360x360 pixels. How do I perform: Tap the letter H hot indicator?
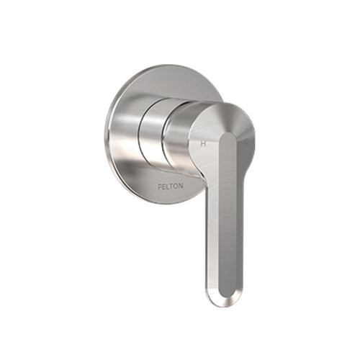[204, 143]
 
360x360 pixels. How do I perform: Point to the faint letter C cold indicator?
[246, 141]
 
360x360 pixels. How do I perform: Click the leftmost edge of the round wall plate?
[105, 133]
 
